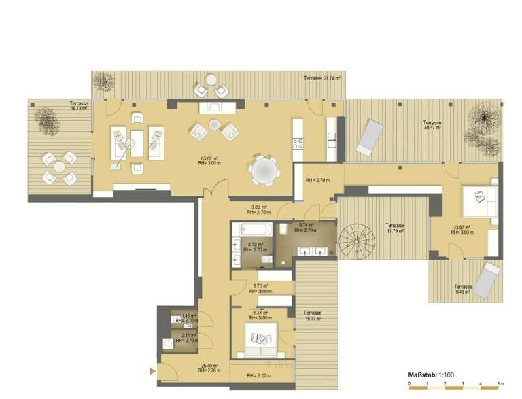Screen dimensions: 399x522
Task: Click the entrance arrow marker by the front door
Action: [153, 371]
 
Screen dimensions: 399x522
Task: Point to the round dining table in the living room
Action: [263, 171]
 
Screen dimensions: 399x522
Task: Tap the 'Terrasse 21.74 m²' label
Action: [322, 79]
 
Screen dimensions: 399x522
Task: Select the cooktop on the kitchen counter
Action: [298, 143]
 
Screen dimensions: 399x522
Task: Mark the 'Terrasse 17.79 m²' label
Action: [394, 228]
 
